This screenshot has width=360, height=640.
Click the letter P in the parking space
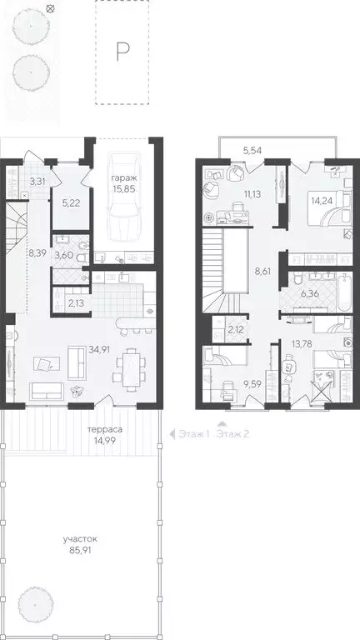coord(122,52)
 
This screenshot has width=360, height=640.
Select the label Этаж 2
coord(234,434)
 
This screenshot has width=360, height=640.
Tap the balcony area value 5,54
coord(254,150)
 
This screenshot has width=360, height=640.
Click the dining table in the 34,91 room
coord(130,365)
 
